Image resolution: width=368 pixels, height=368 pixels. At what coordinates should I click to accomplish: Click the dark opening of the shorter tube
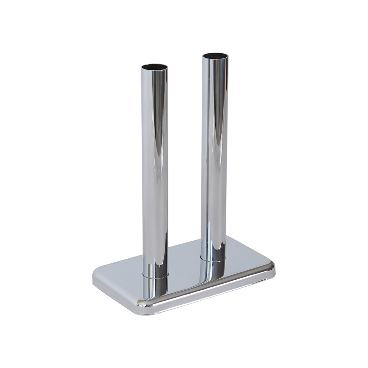pyautogui.click(x=155, y=67)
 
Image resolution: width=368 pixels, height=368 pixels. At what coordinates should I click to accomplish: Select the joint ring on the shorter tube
pyautogui.click(x=155, y=275)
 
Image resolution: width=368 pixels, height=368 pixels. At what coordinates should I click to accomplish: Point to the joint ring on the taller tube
pyautogui.click(x=214, y=258)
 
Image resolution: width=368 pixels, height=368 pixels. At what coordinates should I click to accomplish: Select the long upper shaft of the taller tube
pyautogui.click(x=215, y=155)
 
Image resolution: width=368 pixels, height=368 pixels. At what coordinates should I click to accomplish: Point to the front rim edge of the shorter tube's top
pyautogui.click(x=155, y=70)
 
